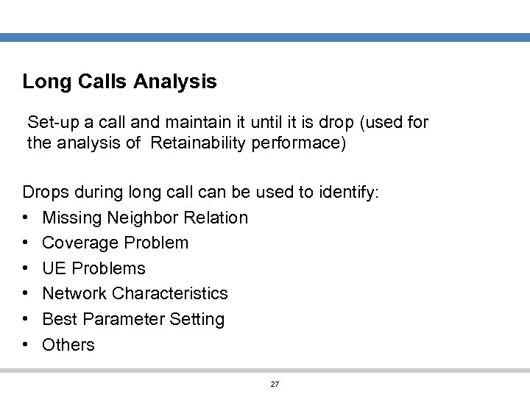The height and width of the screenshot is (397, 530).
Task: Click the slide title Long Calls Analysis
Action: [x=119, y=82]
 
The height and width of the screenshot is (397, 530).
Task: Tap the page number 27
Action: [x=275, y=384]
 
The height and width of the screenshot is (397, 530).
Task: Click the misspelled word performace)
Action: [x=298, y=143]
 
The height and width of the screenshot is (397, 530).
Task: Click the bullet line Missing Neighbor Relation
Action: [x=145, y=218]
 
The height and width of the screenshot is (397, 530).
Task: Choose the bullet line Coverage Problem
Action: [x=115, y=243]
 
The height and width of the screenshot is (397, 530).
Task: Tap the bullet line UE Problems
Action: [x=93, y=268]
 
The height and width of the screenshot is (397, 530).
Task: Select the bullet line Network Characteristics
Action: [x=135, y=293]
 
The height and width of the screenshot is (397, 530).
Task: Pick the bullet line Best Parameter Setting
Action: [x=133, y=319]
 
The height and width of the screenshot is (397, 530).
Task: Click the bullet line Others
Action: [x=68, y=345]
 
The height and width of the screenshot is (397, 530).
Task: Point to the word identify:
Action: [x=349, y=193]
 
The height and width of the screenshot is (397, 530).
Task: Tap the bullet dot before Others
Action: [x=26, y=345]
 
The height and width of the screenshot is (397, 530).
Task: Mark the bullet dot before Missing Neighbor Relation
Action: [x=26, y=218]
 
